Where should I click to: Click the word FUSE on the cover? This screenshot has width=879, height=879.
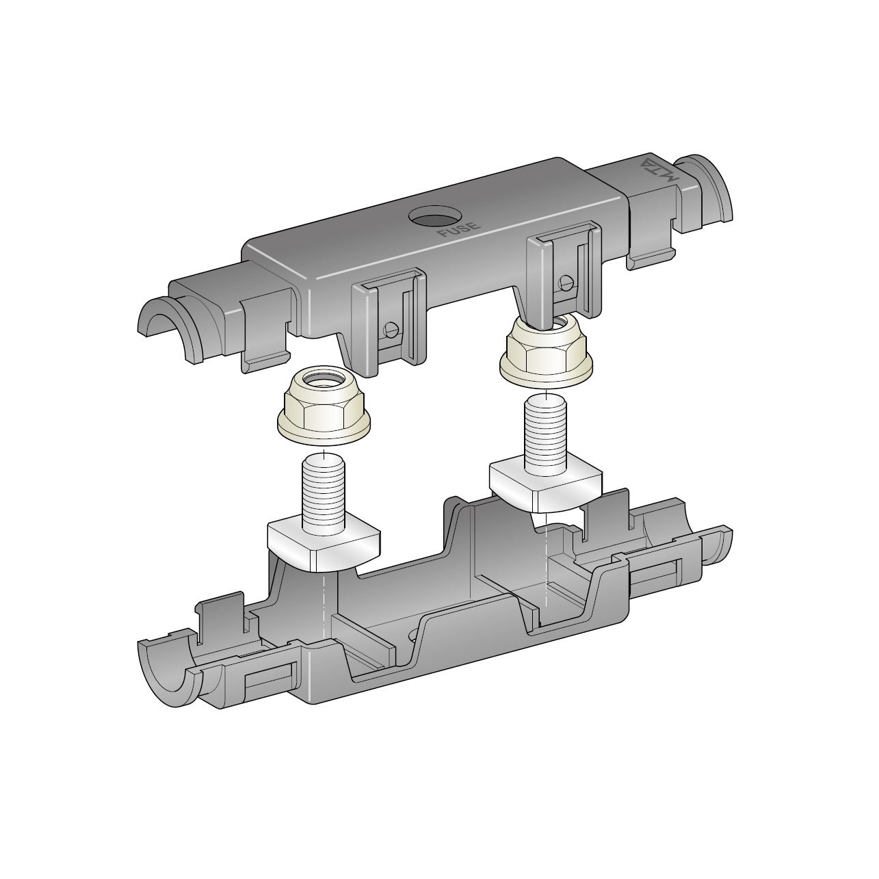pos(459,229)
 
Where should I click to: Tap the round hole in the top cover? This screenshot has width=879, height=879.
pos(435,215)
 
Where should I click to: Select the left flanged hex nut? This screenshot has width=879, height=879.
pos(324,406)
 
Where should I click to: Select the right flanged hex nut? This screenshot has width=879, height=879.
pos(547,347)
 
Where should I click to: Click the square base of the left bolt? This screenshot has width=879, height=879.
pos(324,547)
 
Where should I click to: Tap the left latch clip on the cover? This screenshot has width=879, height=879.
pos(389,321)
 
